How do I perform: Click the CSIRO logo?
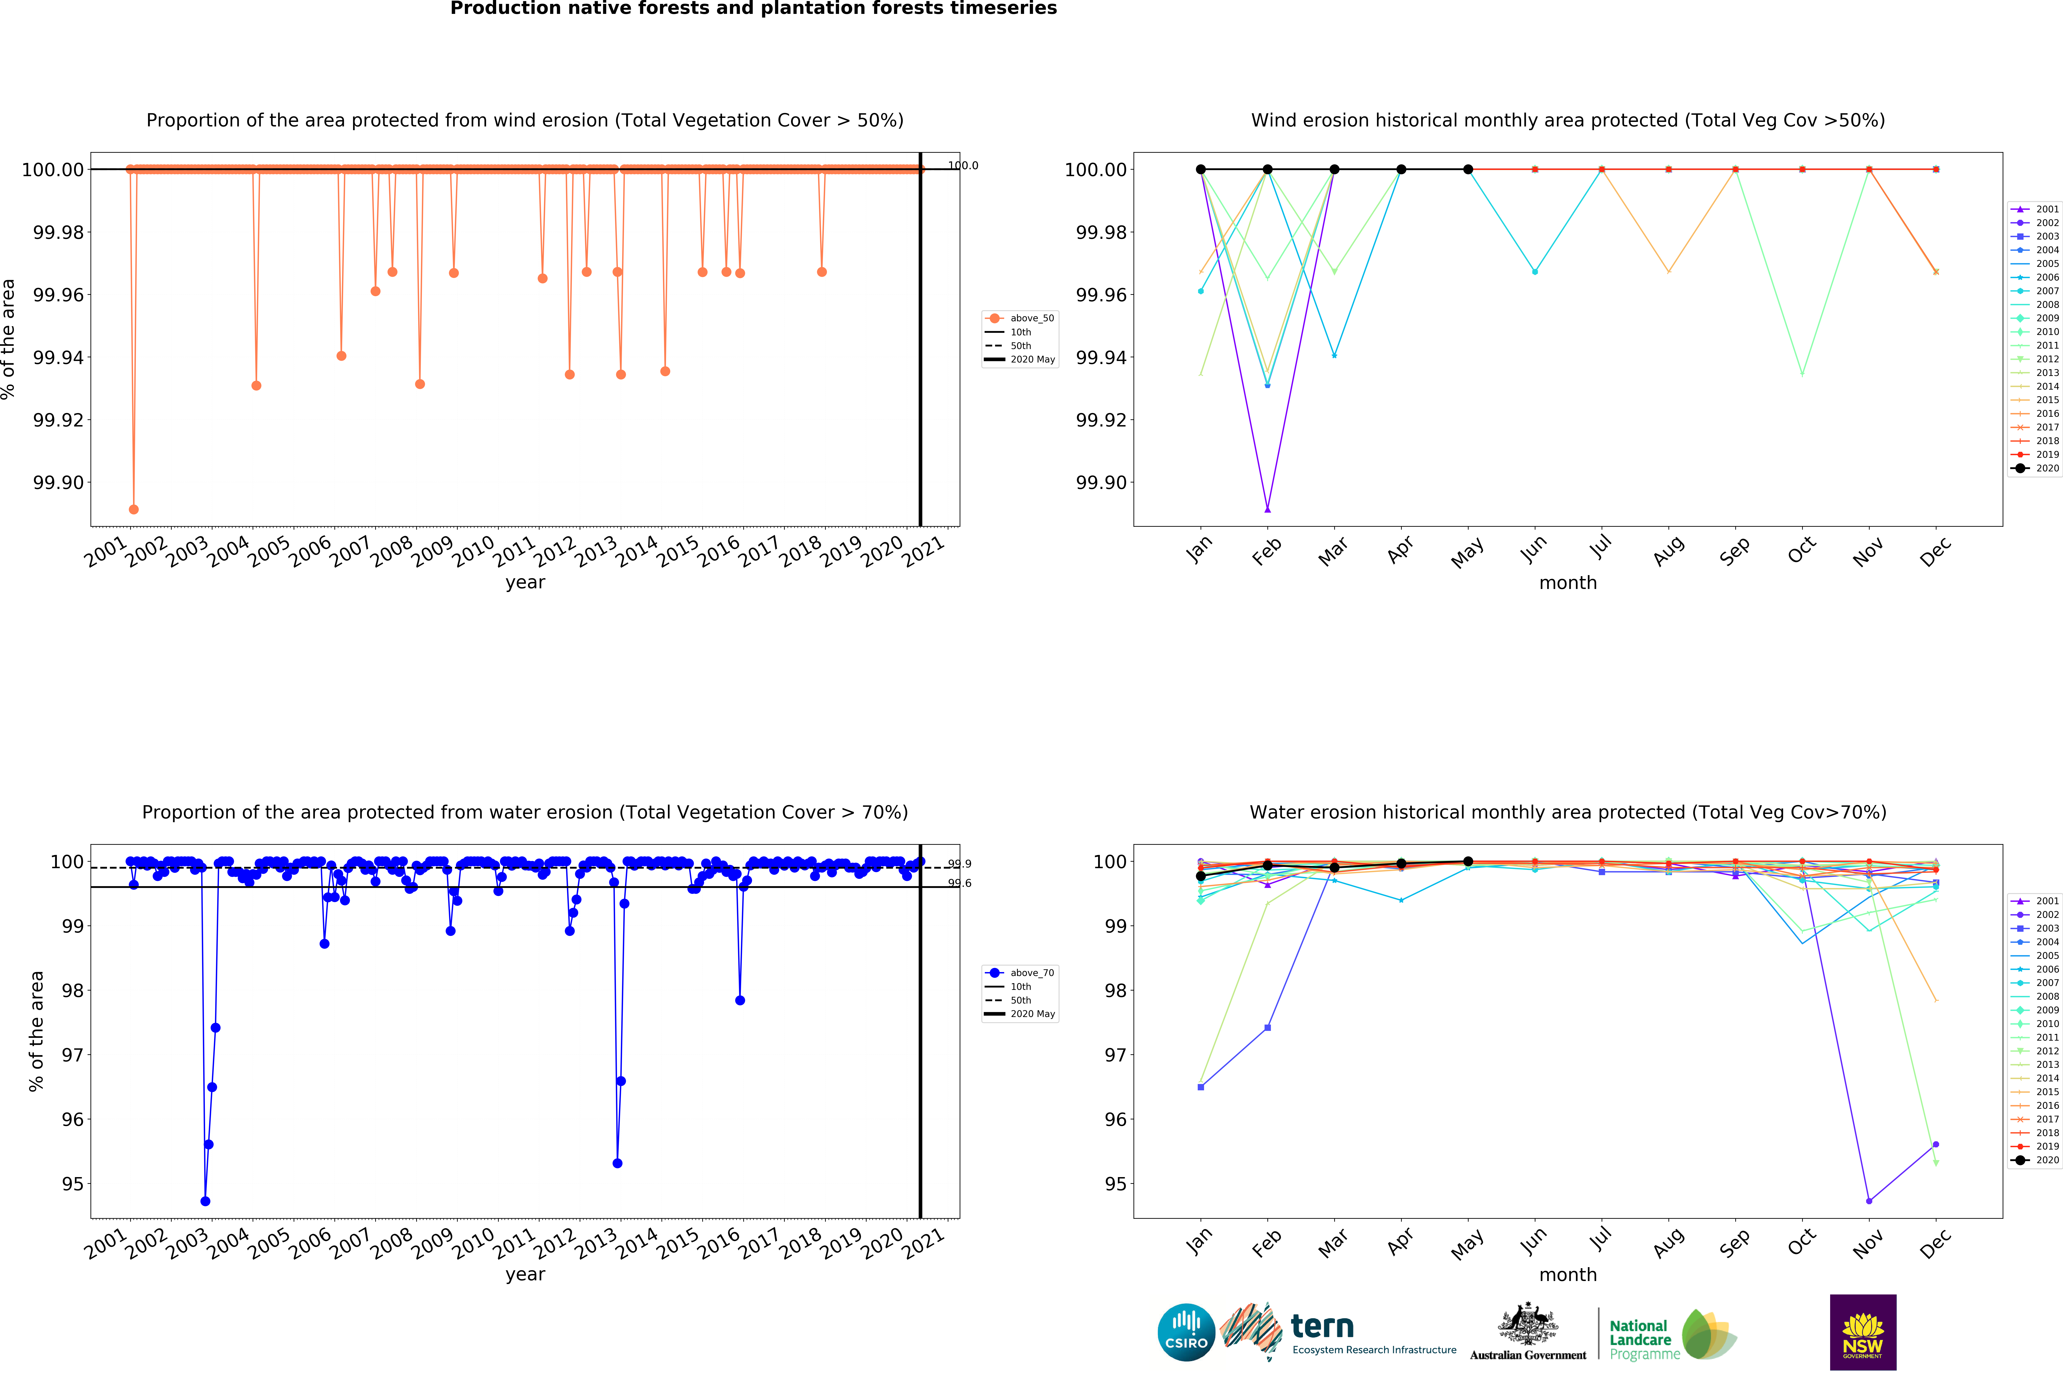point(1186,1332)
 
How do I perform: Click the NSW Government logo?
point(1862,1332)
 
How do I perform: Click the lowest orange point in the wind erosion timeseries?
point(133,509)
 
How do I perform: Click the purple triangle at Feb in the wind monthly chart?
point(1267,509)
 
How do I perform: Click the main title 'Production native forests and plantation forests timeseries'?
point(753,9)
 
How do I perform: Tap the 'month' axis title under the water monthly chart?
point(1568,1275)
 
